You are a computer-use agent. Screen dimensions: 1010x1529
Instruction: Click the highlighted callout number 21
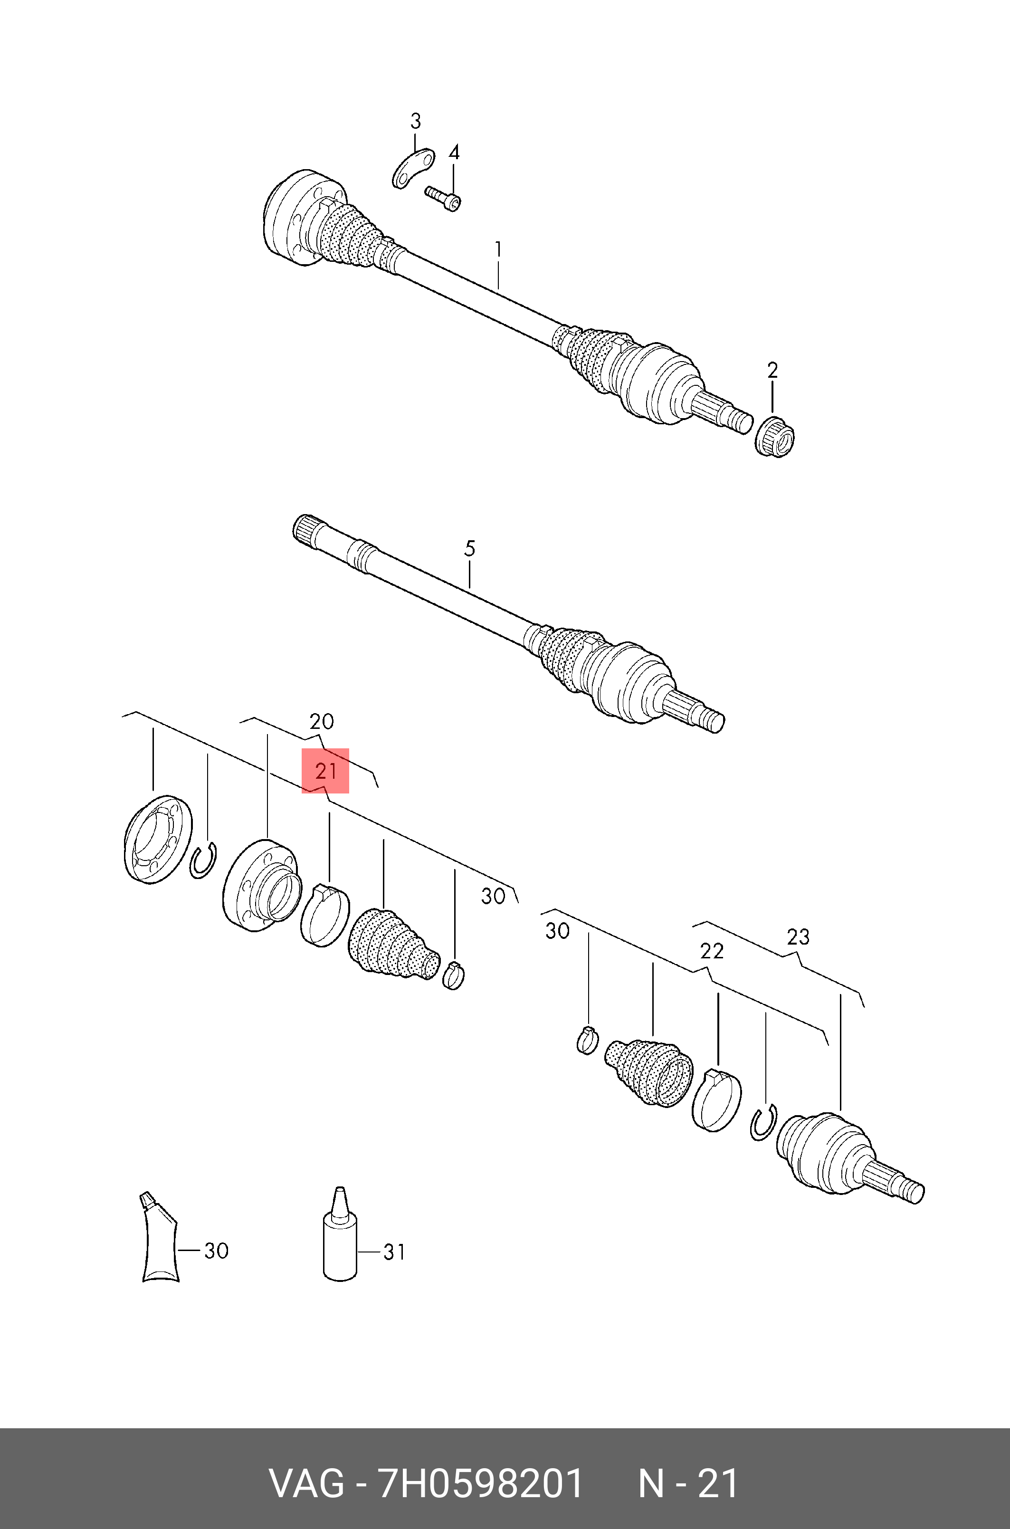click(x=325, y=770)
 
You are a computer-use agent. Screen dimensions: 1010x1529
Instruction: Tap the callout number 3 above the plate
click(x=416, y=120)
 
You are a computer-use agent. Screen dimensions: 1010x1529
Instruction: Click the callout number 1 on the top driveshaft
click(x=498, y=249)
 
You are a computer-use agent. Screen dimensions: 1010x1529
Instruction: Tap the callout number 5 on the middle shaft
click(x=469, y=549)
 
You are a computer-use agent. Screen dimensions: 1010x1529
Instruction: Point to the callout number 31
click(x=394, y=1252)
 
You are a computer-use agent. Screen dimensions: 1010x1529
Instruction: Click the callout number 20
click(x=322, y=721)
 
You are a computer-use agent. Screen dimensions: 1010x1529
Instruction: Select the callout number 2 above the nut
click(x=772, y=370)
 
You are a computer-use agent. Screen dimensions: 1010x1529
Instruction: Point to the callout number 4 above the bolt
click(x=454, y=153)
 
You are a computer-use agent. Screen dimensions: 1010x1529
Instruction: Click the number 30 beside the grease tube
click(x=217, y=1251)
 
